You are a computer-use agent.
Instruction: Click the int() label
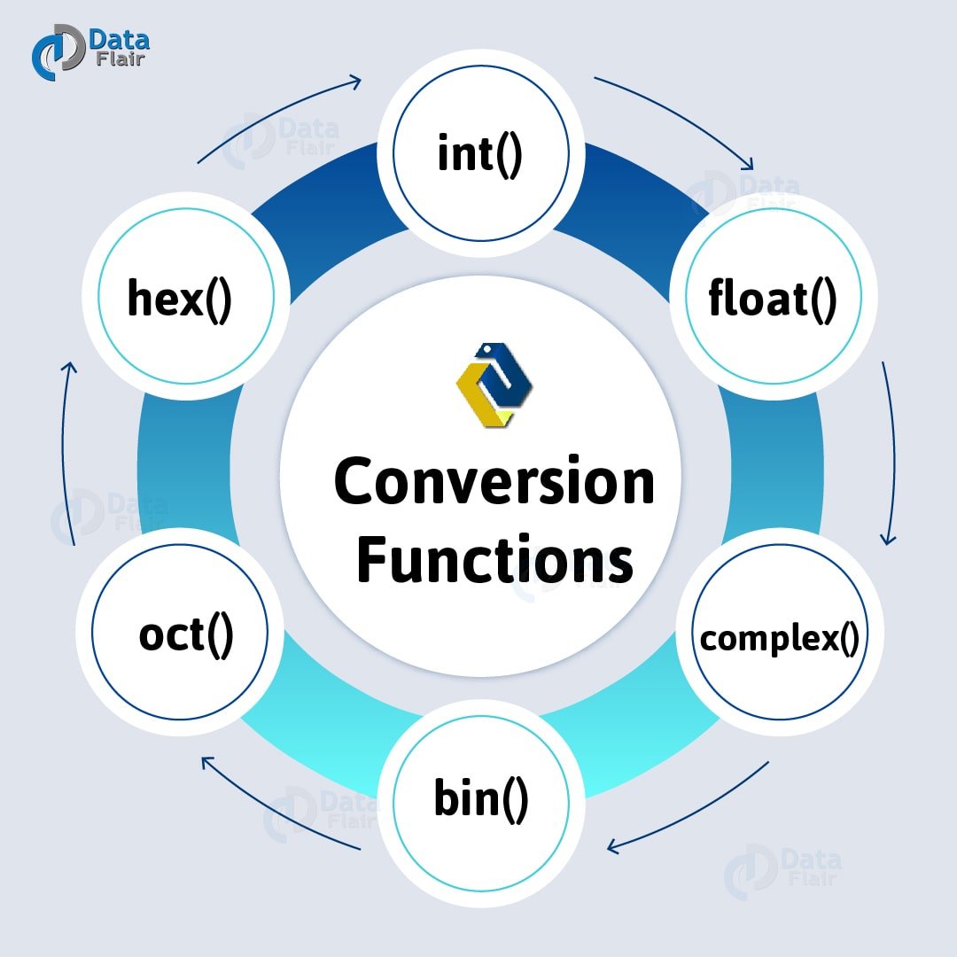point(480,154)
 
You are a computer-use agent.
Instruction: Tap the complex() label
point(779,638)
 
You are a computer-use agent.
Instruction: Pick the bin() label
point(481,798)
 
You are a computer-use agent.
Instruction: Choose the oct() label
point(186,634)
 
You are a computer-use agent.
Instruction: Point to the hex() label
point(179,299)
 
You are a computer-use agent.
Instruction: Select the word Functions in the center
point(494,560)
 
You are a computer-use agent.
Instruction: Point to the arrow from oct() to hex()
point(66,452)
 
